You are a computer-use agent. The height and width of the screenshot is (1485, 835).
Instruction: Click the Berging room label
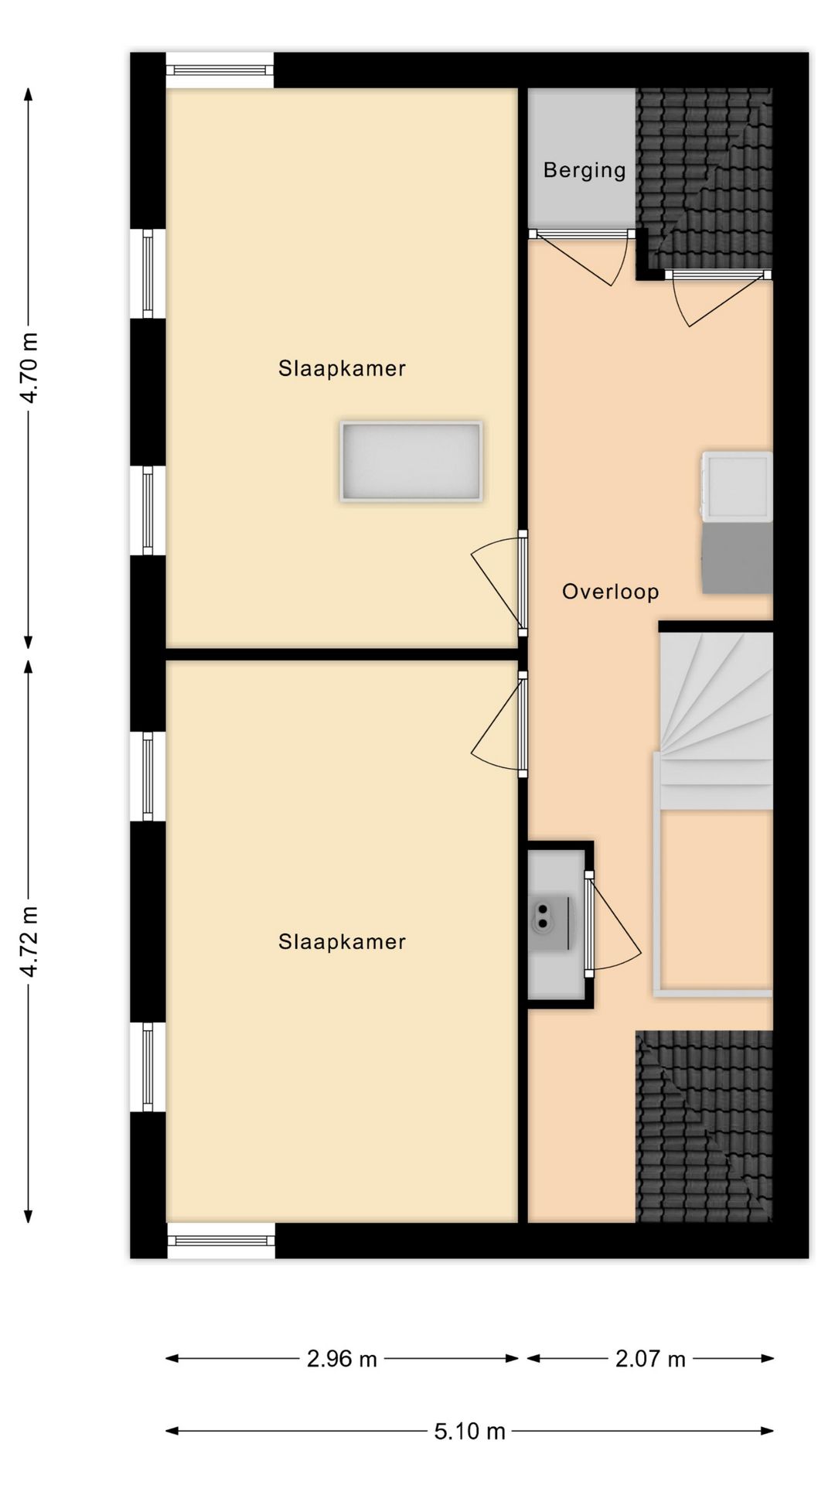click(584, 170)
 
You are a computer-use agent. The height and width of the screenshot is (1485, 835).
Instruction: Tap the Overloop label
click(611, 592)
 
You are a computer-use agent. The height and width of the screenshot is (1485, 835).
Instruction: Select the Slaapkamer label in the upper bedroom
click(342, 368)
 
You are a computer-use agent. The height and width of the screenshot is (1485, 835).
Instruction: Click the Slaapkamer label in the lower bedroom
click(342, 941)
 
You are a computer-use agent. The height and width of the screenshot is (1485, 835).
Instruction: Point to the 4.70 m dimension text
click(30, 368)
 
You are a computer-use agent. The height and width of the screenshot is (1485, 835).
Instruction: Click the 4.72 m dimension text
click(30, 941)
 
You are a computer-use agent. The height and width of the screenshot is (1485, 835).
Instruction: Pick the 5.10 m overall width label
click(469, 1432)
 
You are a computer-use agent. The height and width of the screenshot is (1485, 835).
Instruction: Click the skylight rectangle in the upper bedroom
click(411, 462)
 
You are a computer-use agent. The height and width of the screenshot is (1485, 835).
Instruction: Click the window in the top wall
click(220, 70)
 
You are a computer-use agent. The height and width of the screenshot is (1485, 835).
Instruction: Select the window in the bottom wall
click(221, 1241)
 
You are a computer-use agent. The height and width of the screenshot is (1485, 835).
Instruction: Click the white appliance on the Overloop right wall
click(737, 485)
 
